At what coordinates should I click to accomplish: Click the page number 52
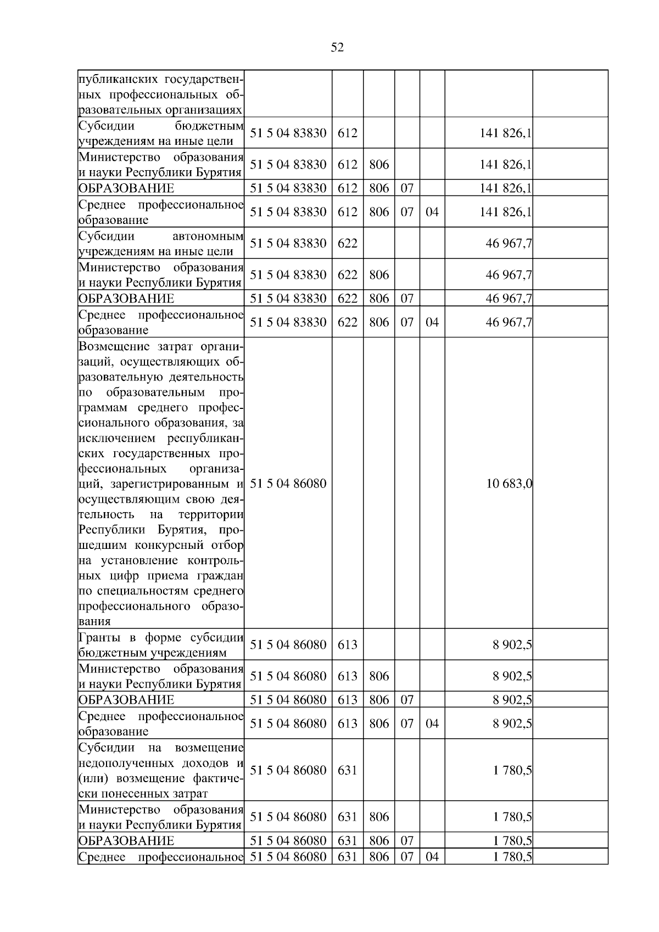coord(337,48)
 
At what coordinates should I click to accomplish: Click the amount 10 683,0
coord(509,484)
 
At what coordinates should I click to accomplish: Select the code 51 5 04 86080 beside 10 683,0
coord(288,484)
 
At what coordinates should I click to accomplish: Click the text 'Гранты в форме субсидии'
coord(161,637)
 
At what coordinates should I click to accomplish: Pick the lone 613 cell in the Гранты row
coord(347,644)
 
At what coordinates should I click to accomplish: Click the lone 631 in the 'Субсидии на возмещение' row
coord(347,770)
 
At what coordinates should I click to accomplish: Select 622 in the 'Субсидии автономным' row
coord(347,243)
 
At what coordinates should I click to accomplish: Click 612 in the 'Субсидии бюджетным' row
coord(347,133)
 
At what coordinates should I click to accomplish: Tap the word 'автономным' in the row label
coord(208,237)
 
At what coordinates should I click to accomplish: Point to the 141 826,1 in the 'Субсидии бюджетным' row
coord(505,133)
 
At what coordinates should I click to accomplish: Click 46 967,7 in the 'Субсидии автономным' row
coord(509,243)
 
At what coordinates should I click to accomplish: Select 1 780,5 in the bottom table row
coord(512,857)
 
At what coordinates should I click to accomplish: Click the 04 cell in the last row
coord(432,857)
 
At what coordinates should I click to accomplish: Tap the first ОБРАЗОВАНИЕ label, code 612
coord(126,188)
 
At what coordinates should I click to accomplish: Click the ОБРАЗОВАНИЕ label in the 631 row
coord(126,841)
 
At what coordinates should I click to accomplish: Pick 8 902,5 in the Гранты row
coord(512,644)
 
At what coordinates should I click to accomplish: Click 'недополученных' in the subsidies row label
coord(123,763)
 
